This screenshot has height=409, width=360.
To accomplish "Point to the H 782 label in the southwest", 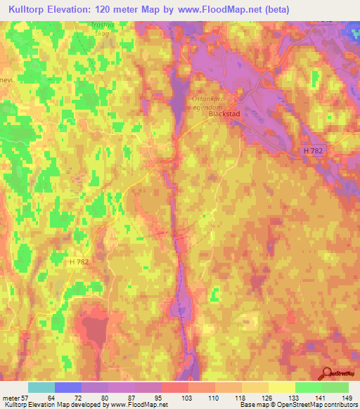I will click(80, 261).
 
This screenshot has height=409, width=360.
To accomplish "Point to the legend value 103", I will click(187, 398).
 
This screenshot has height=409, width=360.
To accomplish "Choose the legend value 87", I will click(134, 398).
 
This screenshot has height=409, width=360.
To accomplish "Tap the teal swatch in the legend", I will click(41, 387).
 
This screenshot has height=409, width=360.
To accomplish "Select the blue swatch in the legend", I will click(68, 387).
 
